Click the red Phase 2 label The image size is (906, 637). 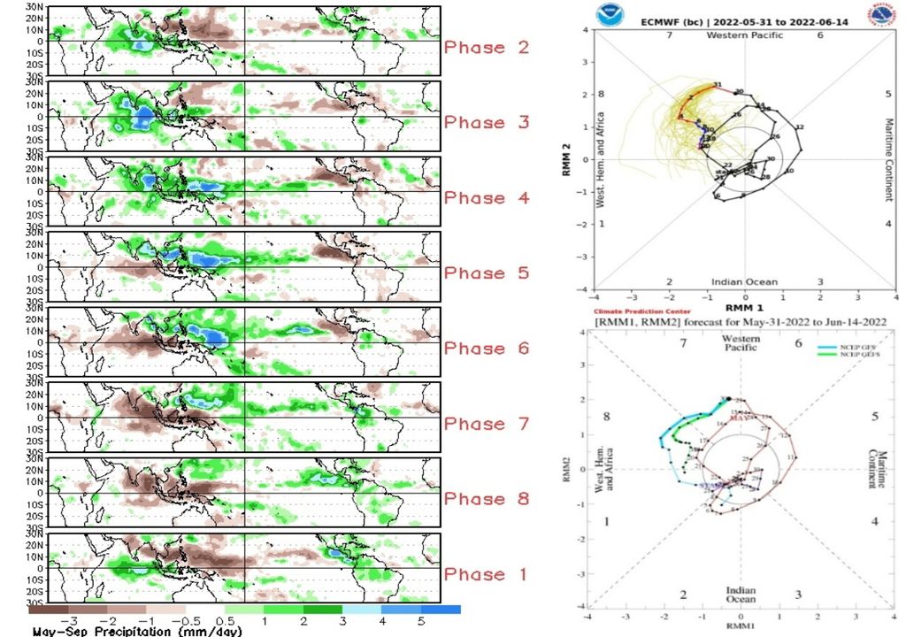(x=486, y=48)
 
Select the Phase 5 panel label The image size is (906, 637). (x=486, y=273)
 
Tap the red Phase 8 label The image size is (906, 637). (x=486, y=499)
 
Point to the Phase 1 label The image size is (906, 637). (x=486, y=574)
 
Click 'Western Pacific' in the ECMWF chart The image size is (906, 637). (x=743, y=35)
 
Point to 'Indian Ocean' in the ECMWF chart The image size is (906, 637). (x=744, y=282)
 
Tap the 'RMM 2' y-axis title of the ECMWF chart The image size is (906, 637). (x=567, y=159)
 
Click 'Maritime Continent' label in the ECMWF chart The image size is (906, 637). (x=888, y=159)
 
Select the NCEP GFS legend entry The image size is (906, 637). (x=845, y=349)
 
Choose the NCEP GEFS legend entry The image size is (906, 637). (x=845, y=357)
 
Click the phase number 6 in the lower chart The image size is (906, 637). (x=798, y=343)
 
